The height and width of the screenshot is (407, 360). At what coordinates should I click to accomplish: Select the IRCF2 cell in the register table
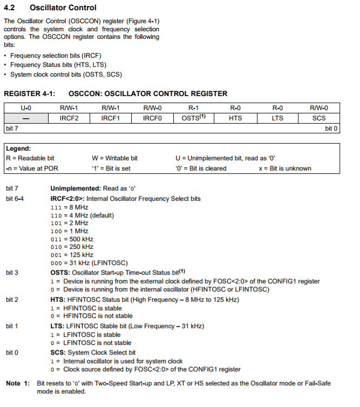69,118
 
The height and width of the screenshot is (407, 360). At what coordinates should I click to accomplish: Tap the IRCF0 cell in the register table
152,118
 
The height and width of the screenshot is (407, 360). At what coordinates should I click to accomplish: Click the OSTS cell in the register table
194,118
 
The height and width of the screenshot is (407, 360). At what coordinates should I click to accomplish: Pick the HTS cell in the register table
235,118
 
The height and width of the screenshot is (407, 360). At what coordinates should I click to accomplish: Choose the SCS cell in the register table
319,118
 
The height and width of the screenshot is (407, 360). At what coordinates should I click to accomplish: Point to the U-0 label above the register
26,108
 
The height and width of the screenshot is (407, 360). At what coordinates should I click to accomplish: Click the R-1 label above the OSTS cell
194,108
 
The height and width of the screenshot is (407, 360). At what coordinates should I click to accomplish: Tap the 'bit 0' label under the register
331,128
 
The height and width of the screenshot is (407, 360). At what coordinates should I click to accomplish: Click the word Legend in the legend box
18,148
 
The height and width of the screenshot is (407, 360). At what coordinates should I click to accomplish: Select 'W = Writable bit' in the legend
115,158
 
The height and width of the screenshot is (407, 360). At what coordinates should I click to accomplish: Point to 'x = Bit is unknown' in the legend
285,168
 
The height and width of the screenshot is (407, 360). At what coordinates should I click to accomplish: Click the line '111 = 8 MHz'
69,207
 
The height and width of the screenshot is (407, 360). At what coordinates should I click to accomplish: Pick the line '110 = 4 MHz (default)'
82,215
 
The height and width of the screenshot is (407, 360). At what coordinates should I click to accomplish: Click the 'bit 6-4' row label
15,199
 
